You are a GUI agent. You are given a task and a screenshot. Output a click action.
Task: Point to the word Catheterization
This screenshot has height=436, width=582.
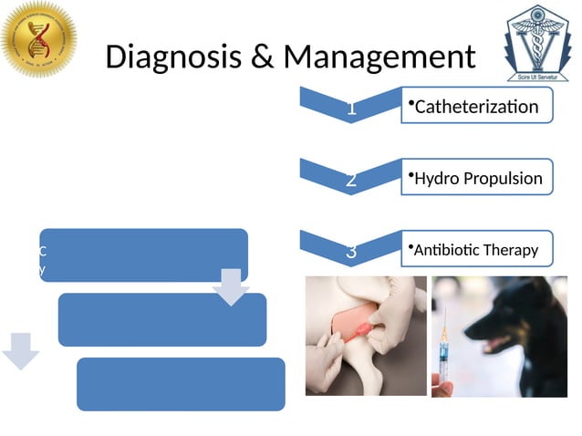(x=475, y=108)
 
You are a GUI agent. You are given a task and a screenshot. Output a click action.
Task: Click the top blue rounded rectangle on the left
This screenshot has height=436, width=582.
(x=143, y=254)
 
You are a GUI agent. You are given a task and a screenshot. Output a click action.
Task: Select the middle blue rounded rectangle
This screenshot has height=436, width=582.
(x=161, y=319)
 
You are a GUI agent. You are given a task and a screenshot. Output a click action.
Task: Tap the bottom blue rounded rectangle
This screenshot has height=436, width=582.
(x=181, y=383)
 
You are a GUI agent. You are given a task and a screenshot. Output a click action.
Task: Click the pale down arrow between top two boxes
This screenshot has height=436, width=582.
(x=230, y=286)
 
